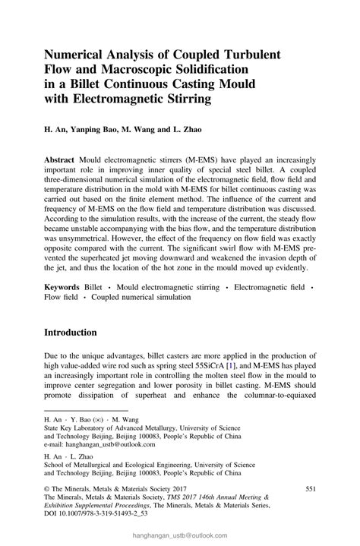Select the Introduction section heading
tap(81, 333)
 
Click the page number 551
tap(310, 489)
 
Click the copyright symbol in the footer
tap(47, 489)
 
